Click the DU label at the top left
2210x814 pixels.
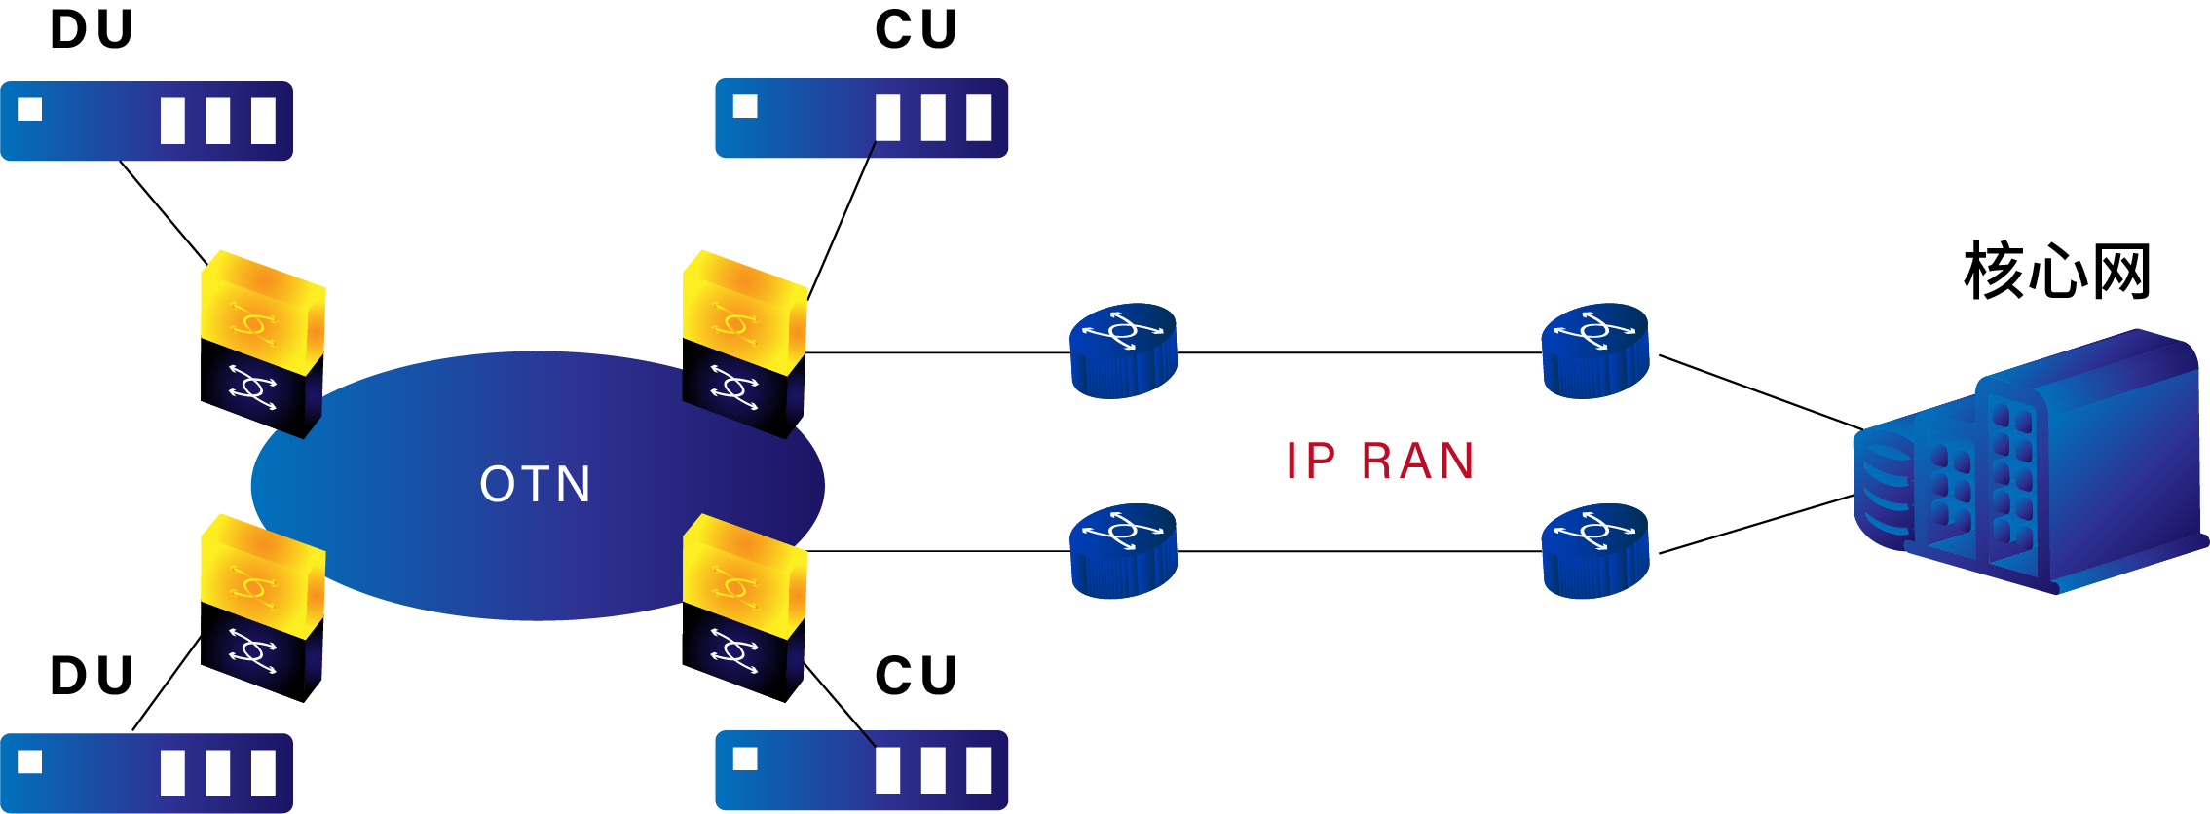(x=92, y=30)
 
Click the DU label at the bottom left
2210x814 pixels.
(x=92, y=676)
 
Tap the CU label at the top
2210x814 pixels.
(x=917, y=30)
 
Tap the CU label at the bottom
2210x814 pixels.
(x=917, y=676)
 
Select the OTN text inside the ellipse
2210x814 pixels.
(x=536, y=484)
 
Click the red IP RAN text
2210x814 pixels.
(x=1380, y=461)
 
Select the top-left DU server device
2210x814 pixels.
(x=146, y=121)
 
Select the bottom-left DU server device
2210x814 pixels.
(x=146, y=773)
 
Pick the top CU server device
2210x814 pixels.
(x=861, y=118)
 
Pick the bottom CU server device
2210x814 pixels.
(x=861, y=770)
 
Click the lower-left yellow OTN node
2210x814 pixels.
(x=262, y=607)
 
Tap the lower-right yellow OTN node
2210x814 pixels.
(x=744, y=607)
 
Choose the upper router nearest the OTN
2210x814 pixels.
(x=1123, y=351)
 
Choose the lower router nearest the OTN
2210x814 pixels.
(x=1123, y=551)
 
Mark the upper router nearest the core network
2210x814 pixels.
(x=1595, y=351)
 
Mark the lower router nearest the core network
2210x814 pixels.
(x=1595, y=551)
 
